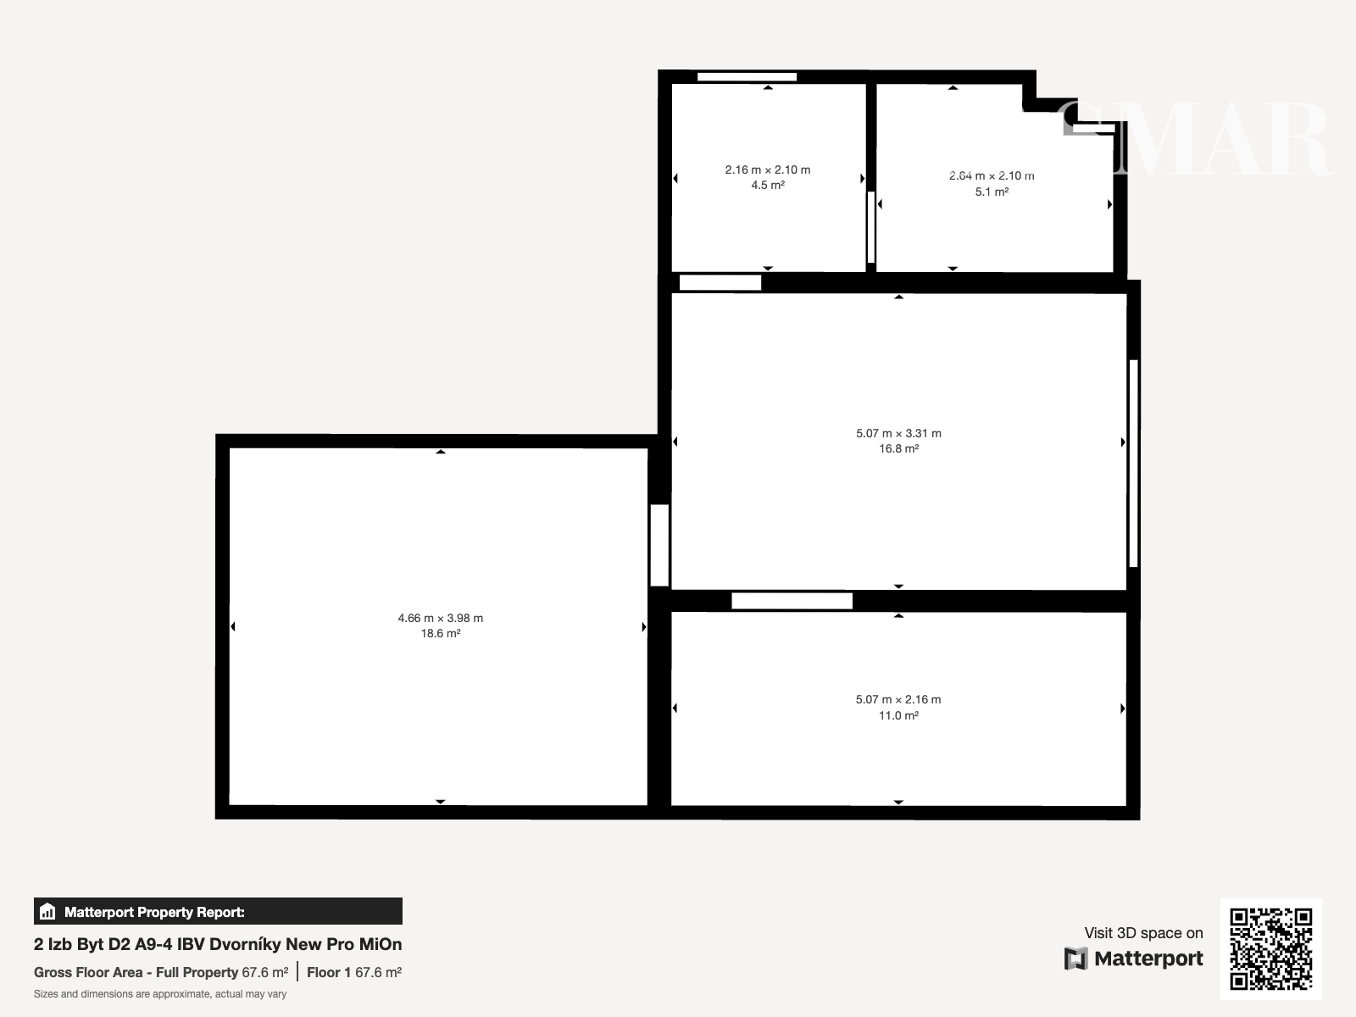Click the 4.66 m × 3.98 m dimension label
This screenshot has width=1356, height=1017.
click(441, 618)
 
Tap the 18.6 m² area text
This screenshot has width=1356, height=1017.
click(441, 634)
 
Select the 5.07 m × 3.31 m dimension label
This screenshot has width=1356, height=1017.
click(899, 433)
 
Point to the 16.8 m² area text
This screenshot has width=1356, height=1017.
click(899, 449)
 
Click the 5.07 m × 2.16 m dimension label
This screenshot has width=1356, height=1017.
click(898, 700)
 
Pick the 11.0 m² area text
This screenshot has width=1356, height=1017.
click(899, 715)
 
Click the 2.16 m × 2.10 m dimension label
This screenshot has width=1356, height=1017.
click(768, 169)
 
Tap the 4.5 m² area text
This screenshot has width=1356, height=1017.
click(768, 186)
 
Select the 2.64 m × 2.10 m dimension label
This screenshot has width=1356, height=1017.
click(992, 176)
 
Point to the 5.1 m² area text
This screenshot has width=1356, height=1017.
click(992, 192)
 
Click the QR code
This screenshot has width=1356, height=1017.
click(1270, 949)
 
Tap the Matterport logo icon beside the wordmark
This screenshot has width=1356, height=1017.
click(1075, 959)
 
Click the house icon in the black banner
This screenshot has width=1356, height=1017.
click(47, 911)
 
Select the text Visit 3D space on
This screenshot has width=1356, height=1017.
click(1143, 933)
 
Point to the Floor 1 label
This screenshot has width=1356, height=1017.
click(329, 973)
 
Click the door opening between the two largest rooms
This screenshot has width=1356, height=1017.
click(659, 545)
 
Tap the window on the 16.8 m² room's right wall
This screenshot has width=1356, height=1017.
click(1134, 463)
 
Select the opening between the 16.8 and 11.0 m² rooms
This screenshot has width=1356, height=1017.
click(792, 601)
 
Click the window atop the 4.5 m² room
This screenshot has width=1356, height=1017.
click(747, 77)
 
